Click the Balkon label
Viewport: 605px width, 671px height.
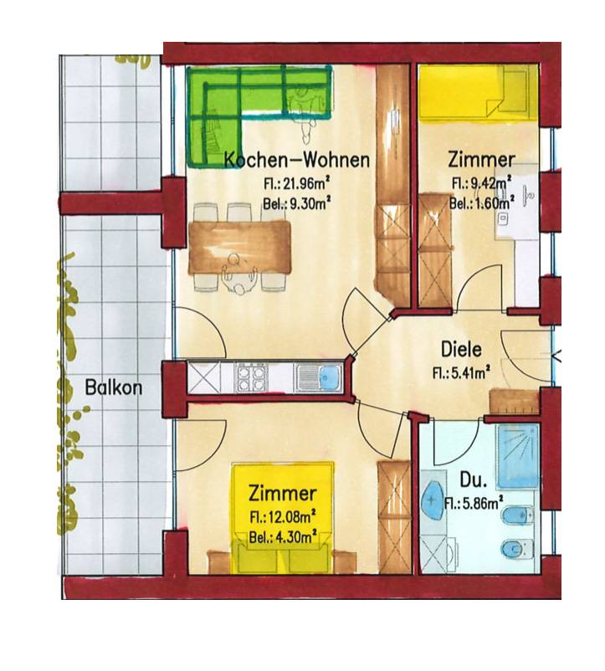[x=113, y=387]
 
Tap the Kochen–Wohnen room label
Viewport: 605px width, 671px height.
[x=297, y=160]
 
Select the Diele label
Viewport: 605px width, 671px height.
[x=461, y=349]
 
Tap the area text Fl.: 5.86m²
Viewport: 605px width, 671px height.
[x=474, y=503]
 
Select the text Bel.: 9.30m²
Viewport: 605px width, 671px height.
[x=296, y=204]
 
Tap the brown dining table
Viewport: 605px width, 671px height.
[x=239, y=247]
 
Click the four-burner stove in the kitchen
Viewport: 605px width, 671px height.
[x=251, y=377]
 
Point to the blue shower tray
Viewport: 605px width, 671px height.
[x=517, y=455]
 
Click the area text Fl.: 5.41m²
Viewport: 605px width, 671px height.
[x=461, y=372]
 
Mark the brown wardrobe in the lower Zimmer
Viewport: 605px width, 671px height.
[x=394, y=517]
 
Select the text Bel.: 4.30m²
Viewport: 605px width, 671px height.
[x=283, y=536]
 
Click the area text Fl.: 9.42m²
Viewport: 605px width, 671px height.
[x=482, y=182]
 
